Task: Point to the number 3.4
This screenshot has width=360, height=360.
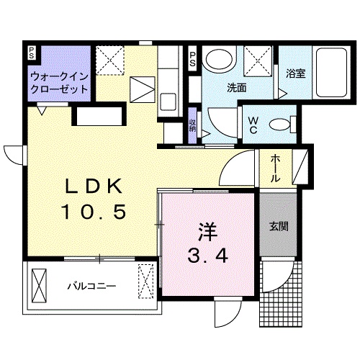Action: [209, 256]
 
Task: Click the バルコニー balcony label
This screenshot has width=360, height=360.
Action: [91, 285]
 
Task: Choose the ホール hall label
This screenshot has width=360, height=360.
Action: [276, 168]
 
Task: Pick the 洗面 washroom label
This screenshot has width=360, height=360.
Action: [237, 89]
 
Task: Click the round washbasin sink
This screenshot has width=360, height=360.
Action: [218, 59]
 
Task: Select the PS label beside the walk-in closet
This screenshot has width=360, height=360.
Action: [32, 54]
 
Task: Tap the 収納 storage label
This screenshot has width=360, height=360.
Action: [193, 125]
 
